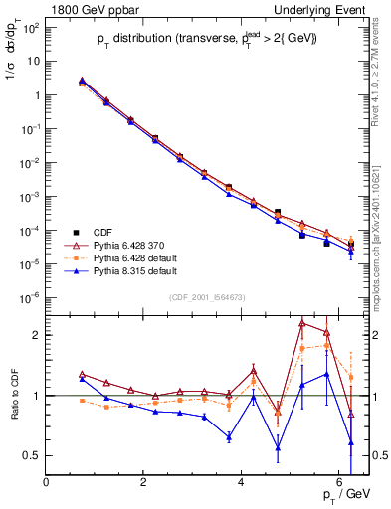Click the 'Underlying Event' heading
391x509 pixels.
tap(325, 9)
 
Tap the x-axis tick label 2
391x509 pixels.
tap(144, 482)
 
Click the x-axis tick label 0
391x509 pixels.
tap(47, 482)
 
